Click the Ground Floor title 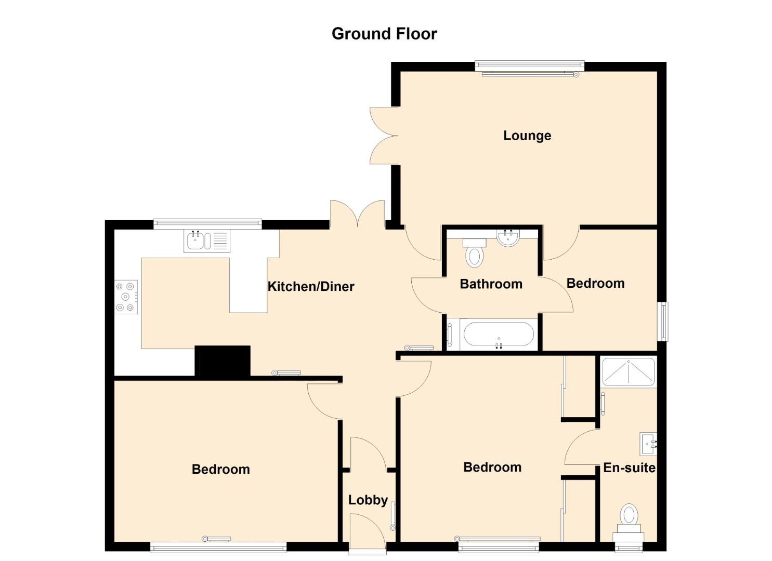tap(384, 34)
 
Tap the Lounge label tap(527, 136)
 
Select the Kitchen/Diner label tap(311, 286)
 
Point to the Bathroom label tap(491, 284)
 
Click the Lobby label tap(368, 500)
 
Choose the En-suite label tap(629, 468)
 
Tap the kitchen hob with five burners tap(126, 297)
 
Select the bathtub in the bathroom tap(492, 335)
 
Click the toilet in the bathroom tap(475, 252)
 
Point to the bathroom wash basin tap(508, 238)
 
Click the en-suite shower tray tap(628, 372)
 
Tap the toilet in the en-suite tap(629, 523)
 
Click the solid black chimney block tap(223, 361)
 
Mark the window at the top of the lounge tap(529, 68)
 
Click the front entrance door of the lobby tap(368, 533)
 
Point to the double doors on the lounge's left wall tap(384, 136)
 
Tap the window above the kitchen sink tap(207, 224)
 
